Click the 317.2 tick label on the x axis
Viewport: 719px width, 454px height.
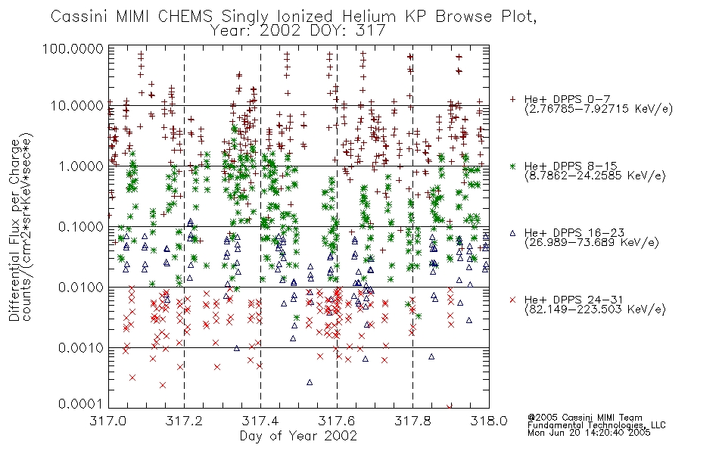[185, 421]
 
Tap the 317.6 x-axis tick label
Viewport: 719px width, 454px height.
[337, 421]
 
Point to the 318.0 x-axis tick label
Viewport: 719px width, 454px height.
[489, 421]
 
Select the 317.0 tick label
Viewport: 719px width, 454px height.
[108, 421]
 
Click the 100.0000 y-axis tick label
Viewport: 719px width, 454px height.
[73, 48]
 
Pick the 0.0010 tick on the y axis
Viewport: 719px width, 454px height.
[81, 348]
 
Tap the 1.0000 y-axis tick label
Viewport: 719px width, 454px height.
[81, 166]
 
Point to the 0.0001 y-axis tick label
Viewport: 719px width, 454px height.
[81, 404]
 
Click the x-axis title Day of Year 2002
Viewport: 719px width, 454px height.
[298, 436]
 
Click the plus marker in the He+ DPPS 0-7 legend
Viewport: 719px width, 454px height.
[513, 99]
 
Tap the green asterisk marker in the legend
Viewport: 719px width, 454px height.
[513, 166]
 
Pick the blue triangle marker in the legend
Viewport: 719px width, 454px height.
[513, 233]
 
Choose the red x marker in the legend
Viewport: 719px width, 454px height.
[513, 300]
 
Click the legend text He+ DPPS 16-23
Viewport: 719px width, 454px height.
[574, 233]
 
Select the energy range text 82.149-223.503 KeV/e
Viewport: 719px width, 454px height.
[595, 309]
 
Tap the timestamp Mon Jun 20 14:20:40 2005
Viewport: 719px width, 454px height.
[589, 433]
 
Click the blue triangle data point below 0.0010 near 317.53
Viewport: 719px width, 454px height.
[310, 382]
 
